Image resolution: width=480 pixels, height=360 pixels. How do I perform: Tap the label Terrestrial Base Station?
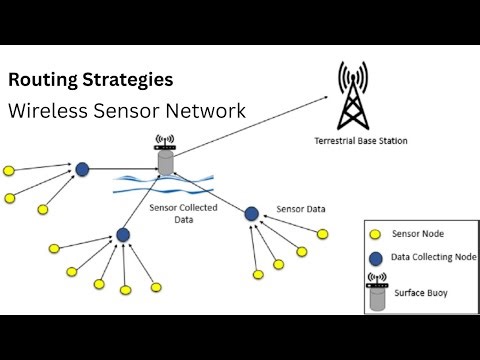tap(360, 141)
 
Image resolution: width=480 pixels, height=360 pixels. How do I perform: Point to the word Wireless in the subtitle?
tap(45, 110)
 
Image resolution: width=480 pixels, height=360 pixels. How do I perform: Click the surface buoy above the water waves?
tap(164, 161)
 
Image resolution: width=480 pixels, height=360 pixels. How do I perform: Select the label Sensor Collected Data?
tap(178, 213)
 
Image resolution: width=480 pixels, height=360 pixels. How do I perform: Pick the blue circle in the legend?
tap(376, 258)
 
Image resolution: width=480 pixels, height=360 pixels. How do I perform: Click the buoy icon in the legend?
tap(377, 292)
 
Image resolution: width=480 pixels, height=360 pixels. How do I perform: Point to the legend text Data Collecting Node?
tap(432, 258)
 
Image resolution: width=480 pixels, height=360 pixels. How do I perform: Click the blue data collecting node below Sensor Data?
tap(252, 213)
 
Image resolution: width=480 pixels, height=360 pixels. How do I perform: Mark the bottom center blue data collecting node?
tap(123, 235)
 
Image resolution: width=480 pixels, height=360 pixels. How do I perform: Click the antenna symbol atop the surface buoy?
tap(164, 143)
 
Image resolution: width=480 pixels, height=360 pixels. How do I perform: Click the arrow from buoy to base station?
tap(250, 125)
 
